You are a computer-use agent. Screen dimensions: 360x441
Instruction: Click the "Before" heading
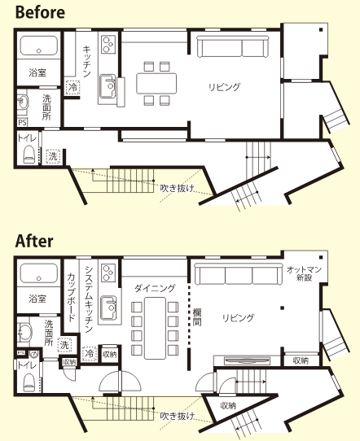click(40, 13)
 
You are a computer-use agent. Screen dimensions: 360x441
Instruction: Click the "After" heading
click(34, 241)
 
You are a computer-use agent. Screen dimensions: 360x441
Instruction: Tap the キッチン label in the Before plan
click(86, 61)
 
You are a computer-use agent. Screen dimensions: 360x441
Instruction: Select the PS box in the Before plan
click(22, 123)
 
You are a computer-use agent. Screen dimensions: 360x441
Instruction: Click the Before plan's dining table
click(156, 83)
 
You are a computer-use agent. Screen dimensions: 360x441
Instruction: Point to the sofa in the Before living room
click(232, 46)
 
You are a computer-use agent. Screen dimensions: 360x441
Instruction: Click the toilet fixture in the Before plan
click(29, 155)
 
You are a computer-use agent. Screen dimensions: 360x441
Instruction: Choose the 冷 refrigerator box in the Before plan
click(73, 87)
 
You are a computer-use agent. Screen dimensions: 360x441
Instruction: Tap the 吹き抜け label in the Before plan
click(177, 188)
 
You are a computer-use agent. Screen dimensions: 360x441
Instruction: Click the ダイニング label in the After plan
click(155, 288)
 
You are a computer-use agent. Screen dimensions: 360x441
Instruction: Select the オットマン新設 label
click(304, 273)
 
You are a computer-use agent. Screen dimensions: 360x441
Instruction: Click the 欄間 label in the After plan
click(197, 317)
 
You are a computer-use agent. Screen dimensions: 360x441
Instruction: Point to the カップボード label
click(71, 297)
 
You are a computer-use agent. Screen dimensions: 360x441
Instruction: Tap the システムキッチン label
click(89, 299)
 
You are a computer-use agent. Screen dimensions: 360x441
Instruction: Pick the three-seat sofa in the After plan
click(239, 274)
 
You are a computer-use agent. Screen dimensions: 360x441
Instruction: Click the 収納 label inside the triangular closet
click(228, 406)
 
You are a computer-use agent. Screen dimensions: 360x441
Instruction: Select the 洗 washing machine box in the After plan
click(64, 345)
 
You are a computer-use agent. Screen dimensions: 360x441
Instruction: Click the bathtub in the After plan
click(39, 273)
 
